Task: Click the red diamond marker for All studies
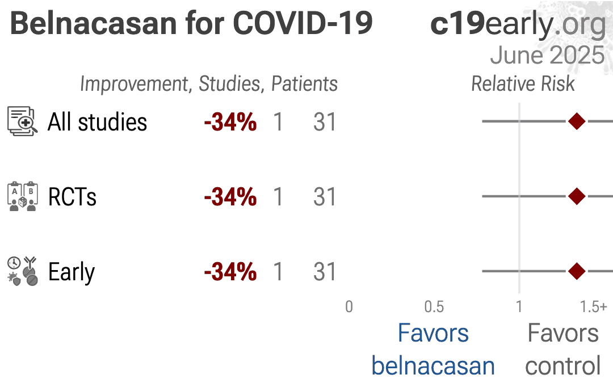[577, 121]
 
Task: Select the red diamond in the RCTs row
[577, 196]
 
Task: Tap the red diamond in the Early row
[577, 271]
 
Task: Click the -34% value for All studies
[230, 123]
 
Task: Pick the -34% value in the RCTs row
[230, 197]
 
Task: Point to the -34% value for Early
[230, 272]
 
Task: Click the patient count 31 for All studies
[325, 123]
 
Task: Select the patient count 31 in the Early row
[325, 272]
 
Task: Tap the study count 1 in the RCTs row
[278, 197]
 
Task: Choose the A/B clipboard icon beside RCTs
[23, 196]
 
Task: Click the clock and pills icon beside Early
[23, 271]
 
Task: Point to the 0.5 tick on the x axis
[434, 307]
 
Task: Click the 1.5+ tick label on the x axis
[593, 307]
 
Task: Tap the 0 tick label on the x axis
[349, 307]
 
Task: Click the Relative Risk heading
[523, 84]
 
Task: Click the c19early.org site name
[518, 24]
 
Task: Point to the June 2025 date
[547, 55]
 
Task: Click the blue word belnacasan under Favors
[433, 366]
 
